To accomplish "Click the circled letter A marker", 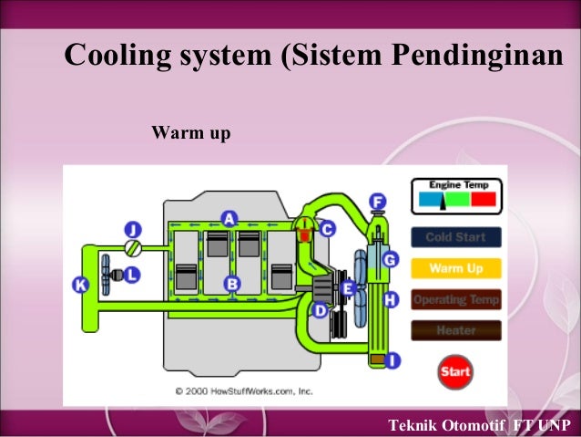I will [x=229, y=218].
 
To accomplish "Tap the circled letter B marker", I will [x=232, y=285].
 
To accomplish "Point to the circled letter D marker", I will [x=320, y=310].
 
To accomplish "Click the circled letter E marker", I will [x=346, y=289].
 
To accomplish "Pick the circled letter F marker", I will [x=377, y=202].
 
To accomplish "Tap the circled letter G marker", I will [x=390, y=260].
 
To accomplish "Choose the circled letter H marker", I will [x=391, y=299].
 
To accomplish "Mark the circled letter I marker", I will [x=392, y=361].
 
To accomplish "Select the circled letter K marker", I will [x=80, y=286].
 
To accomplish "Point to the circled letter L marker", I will [x=132, y=274].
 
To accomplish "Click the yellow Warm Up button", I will [x=455, y=268].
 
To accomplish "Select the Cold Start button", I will [x=455, y=237].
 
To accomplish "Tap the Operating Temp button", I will [x=455, y=299].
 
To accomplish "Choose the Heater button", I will [x=455, y=330].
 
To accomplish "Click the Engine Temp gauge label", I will [x=453, y=184].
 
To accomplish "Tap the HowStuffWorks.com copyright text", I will [x=244, y=390].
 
